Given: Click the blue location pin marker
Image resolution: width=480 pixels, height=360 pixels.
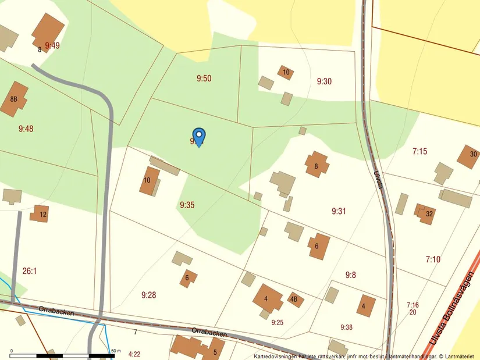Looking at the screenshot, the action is coord(198,137).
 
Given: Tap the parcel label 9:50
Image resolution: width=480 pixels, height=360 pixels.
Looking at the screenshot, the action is coord(204,79).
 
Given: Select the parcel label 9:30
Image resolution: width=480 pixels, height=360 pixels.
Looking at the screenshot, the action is coord(324,81).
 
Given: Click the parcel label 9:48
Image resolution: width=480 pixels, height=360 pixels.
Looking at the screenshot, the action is coord(26,129).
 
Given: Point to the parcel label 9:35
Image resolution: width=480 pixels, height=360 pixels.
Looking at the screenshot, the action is coord(187,205).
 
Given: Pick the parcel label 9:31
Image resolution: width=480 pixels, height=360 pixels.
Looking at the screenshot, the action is coord(339,211).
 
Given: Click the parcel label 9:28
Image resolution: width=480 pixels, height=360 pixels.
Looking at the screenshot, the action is coord(148,295).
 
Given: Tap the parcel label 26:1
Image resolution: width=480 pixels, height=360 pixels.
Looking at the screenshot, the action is coord(30,271).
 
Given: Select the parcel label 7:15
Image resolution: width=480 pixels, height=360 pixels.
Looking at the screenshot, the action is coord(419,151).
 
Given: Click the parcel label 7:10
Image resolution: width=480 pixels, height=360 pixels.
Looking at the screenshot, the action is coord(433,259).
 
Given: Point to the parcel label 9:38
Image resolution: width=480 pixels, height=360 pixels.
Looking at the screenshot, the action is coord(346,327).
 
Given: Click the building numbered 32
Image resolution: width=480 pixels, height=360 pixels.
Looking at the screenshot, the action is coord(426,213).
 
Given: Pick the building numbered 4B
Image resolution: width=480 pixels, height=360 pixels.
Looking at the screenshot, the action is coord(294,300).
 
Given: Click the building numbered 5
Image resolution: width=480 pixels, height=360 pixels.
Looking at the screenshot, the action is coord(215,352).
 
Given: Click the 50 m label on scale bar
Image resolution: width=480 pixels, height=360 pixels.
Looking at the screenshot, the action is coord(115,351).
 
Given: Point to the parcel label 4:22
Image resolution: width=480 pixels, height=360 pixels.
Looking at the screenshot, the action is coord(134,354).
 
